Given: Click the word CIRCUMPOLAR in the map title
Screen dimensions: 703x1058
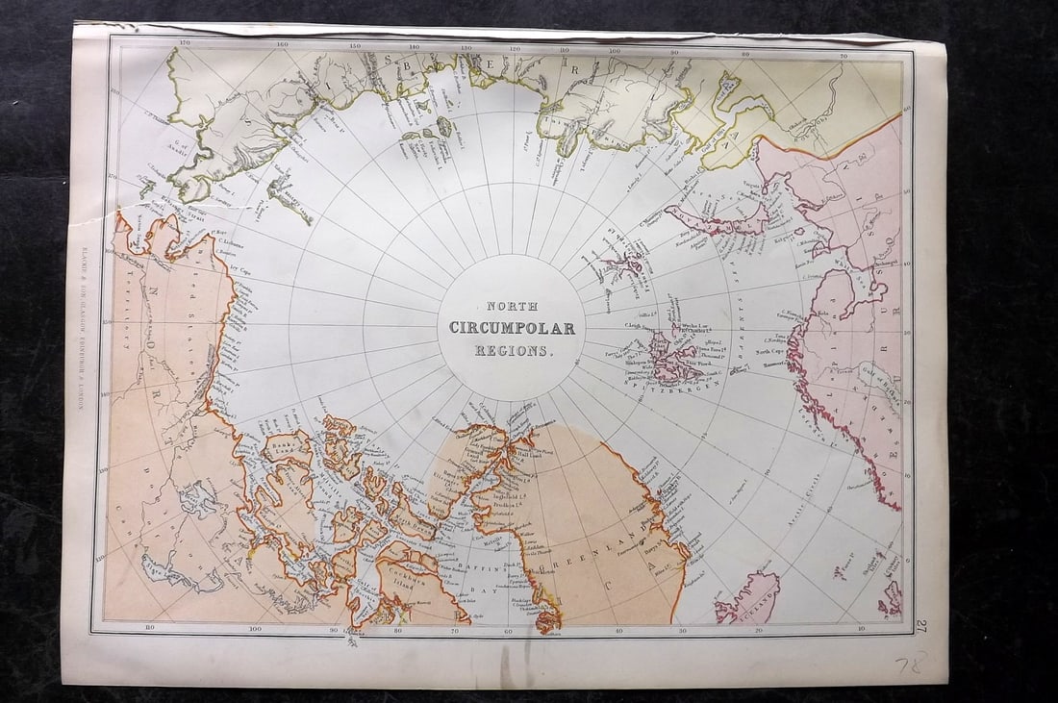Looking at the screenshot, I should [512, 328].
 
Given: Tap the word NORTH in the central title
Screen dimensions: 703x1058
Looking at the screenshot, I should [512, 306].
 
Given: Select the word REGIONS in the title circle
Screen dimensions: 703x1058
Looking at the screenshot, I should [514, 351].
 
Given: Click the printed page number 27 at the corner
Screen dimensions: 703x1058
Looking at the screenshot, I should [921, 626].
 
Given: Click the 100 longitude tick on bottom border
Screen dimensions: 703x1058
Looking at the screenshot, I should [256, 629].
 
